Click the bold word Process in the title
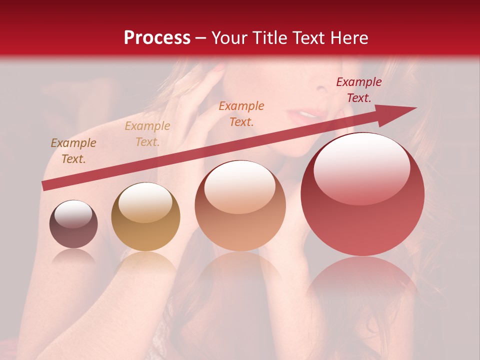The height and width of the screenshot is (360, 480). coord(157,38)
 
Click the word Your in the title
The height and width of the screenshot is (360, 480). coord(230,38)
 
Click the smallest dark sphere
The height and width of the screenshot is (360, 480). coord(73,224)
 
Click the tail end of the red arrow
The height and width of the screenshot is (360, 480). coord(45,185)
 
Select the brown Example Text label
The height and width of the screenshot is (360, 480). coord(73,151)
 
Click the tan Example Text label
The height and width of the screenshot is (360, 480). coord(147,134)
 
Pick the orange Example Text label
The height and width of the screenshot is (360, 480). coord(241,114)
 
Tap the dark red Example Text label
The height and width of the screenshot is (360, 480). coord(359,90)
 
